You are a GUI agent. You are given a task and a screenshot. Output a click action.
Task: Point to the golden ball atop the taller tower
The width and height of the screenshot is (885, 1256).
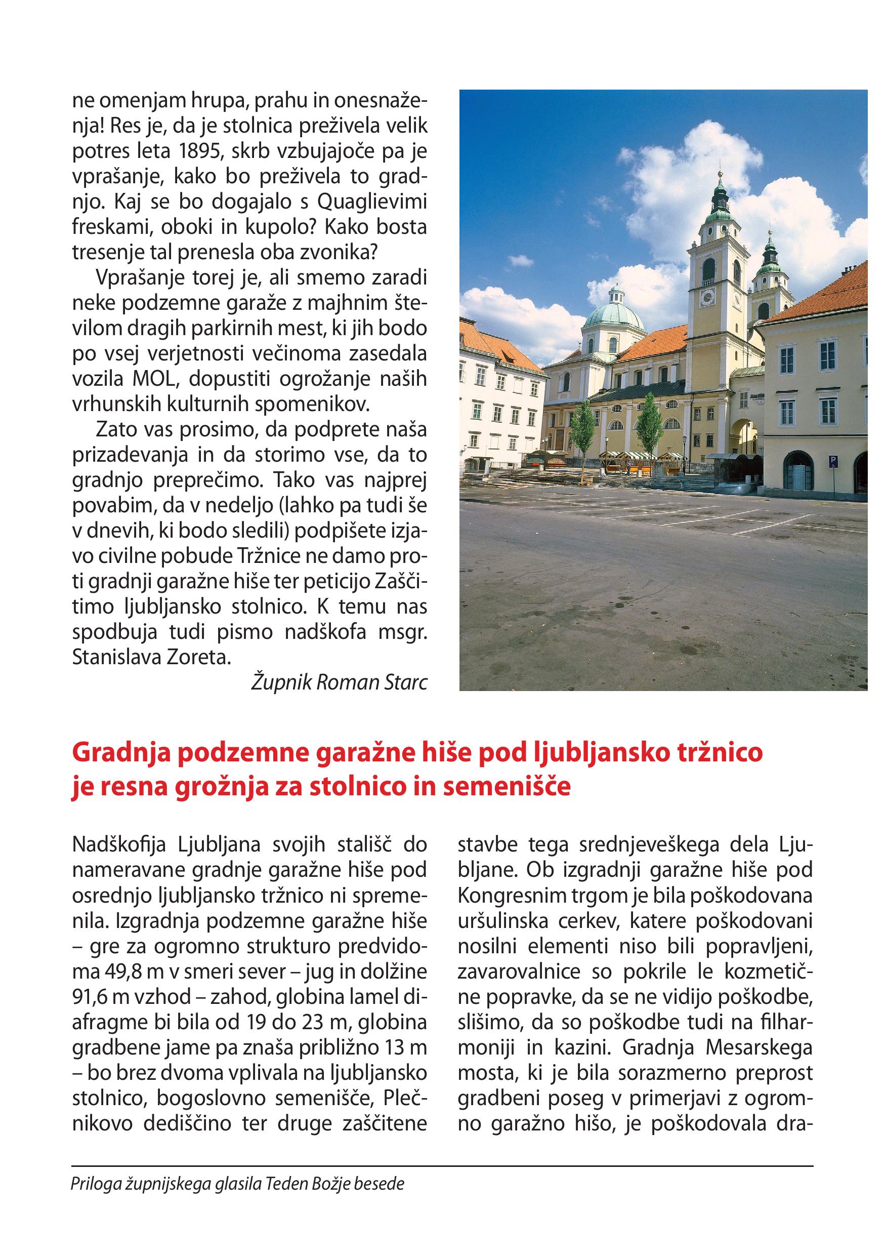(x=720, y=174)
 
